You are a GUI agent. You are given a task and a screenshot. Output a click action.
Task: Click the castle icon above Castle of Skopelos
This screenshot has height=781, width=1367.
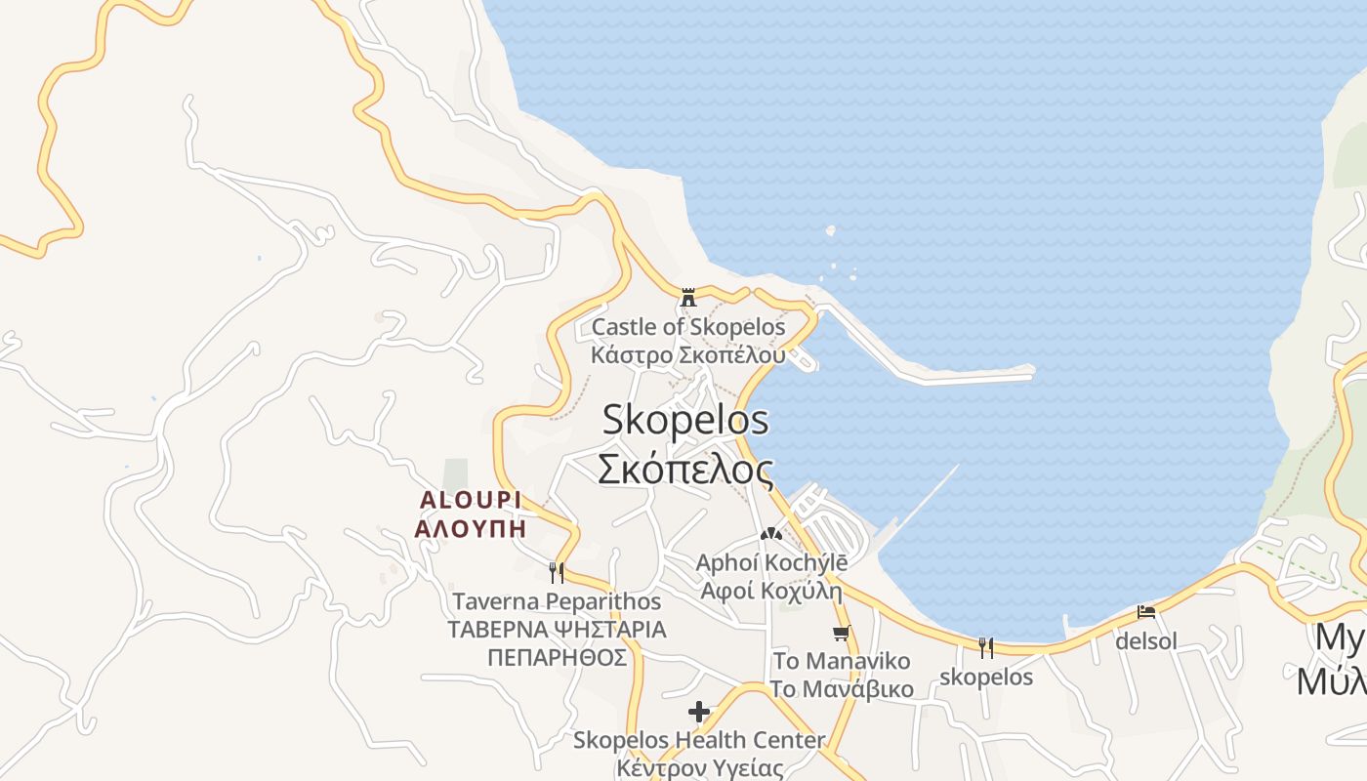pyautogui.click(x=687, y=297)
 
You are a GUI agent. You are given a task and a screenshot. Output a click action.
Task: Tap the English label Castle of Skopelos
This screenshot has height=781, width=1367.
pyautogui.click(x=688, y=327)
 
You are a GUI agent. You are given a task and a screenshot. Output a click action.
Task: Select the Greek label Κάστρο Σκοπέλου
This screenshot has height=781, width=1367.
pyautogui.click(x=687, y=354)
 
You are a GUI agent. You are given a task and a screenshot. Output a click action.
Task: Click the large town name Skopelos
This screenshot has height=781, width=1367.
pyautogui.click(x=685, y=421)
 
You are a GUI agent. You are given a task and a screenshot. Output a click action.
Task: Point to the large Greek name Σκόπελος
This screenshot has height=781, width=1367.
pyautogui.click(x=685, y=470)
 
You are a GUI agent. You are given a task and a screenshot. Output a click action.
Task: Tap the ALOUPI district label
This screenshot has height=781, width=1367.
pyautogui.click(x=470, y=500)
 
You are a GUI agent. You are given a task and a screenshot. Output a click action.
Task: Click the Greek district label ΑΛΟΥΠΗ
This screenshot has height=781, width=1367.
pyautogui.click(x=470, y=529)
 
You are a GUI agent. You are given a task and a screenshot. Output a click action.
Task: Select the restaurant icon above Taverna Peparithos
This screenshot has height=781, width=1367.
pyautogui.click(x=557, y=572)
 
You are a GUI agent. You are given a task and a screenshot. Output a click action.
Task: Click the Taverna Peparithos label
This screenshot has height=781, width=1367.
pyautogui.click(x=557, y=601)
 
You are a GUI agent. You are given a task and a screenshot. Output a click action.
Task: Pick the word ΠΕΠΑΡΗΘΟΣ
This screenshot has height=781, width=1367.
pyautogui.click(x=557, y=657)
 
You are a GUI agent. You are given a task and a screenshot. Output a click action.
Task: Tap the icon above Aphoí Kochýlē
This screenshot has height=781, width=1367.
pyautogui.click(x=770, y=534)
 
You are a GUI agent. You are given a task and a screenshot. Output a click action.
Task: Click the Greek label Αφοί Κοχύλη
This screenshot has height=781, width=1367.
pyautogui.click(x=770, y=591)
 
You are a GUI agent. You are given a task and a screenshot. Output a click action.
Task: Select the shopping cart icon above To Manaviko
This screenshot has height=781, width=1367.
pyautogui.click(x=842, y=633)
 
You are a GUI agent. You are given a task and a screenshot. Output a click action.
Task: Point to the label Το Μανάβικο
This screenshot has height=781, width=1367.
pyautogui.click(x=842, y=689)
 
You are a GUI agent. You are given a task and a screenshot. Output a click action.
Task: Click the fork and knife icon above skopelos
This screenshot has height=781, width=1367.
pyautogui.click(x=986, y=647)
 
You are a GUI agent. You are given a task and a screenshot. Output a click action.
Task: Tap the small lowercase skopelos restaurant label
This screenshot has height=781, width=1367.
pyautogui.click(x=986, y=677)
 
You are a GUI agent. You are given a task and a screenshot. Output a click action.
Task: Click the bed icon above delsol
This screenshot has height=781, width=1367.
pyautogui.click(x=1146, y=612)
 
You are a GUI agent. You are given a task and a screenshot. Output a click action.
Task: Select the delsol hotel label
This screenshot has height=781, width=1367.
pyautogui.click(x=1146, y=641)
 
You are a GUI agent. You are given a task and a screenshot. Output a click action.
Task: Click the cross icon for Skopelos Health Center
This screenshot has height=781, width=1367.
pyautogui.click(x=699, y=711)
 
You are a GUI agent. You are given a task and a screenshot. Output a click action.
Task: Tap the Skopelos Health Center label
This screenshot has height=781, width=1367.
pyautogui.click(x=699, y=740)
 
